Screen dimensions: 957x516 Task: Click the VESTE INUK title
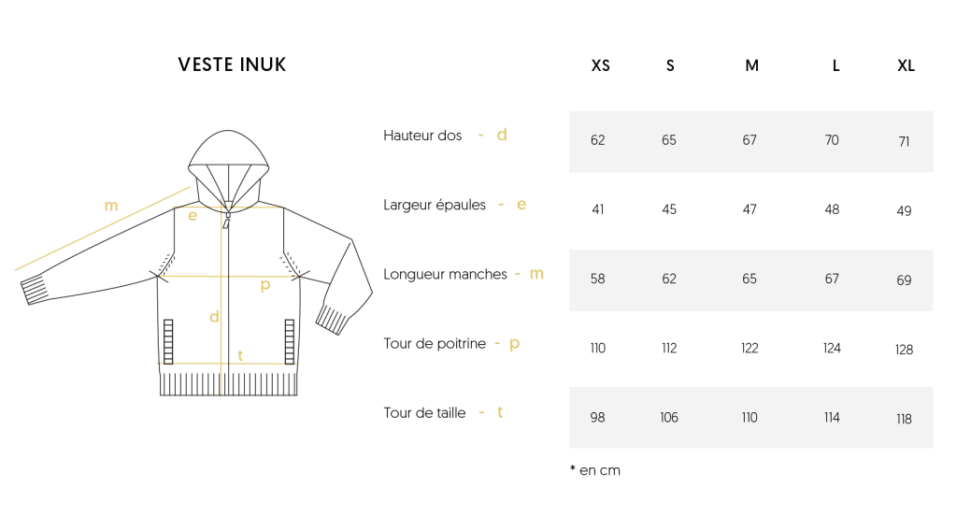point(232,64)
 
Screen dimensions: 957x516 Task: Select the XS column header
point(601,65)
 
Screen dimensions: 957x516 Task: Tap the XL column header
point(906,65)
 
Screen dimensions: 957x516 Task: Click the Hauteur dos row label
point(422,136)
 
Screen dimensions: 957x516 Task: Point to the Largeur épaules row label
point(435,205)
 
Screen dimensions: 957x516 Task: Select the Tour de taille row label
point(424,413)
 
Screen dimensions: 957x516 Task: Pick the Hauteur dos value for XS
point(597,140)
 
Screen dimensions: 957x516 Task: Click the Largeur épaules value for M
point(750,209)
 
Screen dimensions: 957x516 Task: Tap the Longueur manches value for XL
point(904,280)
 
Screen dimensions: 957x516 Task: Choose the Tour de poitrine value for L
point(832,348)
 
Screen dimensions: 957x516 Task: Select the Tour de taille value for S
point(669,418)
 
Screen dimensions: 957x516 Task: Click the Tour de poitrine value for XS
point(597,348)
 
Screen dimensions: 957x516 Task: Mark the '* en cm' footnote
point(595,470)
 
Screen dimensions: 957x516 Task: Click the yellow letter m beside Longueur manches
point(536,274)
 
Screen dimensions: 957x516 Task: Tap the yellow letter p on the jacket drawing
point(264,285)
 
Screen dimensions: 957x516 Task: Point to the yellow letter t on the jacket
point(240,355)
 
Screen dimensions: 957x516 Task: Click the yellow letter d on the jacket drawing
point(214,316)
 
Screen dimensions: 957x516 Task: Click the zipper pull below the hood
point(226,221)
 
